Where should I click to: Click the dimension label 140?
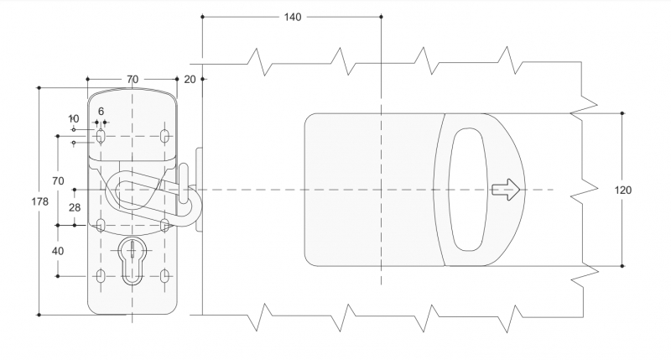coord(292,18)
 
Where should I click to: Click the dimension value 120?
coord(622,190)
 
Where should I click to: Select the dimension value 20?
coord(189,79)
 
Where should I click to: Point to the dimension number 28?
coord(75,206)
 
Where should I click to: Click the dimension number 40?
coord(58,250)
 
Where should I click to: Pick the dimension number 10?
coord(74,118)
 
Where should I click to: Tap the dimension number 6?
coord(101,111)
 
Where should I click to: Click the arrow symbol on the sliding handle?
coord(506,190)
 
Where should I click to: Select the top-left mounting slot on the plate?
coord(100,135)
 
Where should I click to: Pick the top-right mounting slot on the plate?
coord(164,135)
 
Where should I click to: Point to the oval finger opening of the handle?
coord(468,190)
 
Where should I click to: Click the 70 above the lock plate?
coord(133,79)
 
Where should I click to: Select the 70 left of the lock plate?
coord(58,180)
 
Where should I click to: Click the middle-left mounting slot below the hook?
coord(100,225)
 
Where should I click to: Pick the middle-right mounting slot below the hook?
coord(164,225)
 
